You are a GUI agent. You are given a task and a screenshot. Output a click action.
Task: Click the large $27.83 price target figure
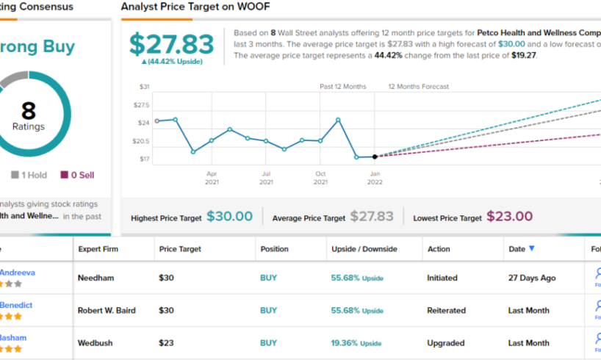tap(171, 44)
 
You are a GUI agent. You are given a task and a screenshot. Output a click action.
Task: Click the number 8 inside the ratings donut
tap(29, 111)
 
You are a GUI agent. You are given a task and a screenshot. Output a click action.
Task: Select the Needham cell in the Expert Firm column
tap(96, 278)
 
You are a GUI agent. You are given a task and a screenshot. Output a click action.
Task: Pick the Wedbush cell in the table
tap(97, 343)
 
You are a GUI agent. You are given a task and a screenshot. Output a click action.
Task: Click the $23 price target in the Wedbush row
tap(167, 343)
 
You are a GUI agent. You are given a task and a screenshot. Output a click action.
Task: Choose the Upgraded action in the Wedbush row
tap(447, 343)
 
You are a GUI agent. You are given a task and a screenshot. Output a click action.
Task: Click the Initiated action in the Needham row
tap(442, 278)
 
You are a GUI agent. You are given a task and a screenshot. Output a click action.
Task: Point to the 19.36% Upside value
tap(356, 343)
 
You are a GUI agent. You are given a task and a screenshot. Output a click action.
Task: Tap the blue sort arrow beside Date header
tap(532, 249)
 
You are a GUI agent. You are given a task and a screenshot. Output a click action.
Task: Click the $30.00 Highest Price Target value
tap(229, 217)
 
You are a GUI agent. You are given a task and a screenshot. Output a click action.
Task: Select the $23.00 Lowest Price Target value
tap(509, 217)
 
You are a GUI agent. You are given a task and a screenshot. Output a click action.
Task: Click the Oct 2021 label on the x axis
tap(320, 177)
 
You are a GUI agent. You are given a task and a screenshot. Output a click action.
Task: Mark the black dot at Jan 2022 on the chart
tap(375, 156)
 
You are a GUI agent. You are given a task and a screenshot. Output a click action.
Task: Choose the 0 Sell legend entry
tap(77, 175)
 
